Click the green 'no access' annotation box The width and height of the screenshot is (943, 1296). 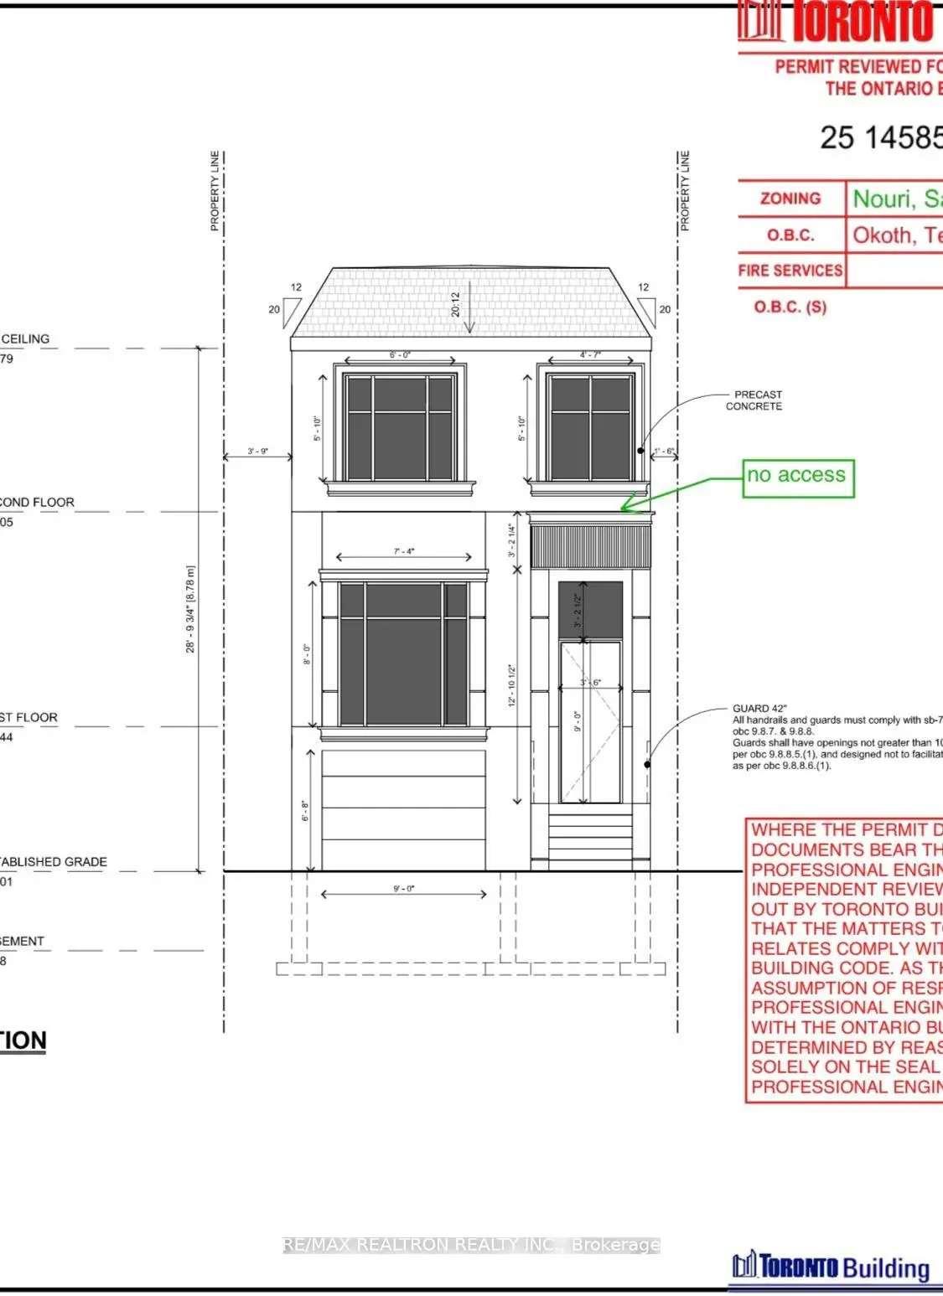[798, 478]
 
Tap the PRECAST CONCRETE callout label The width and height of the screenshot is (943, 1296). [754, 400]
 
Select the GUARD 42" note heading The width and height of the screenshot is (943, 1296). [759, 709]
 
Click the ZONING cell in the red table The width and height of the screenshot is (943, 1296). [790, 199]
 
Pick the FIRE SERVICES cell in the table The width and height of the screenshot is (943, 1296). [790, 271]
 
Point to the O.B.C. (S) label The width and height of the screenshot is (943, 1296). [790, 307]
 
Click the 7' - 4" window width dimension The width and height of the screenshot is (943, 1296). [404, 551]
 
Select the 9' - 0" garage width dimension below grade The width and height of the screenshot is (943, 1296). [404, 888]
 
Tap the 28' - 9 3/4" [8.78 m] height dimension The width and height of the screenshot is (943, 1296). [190, 609]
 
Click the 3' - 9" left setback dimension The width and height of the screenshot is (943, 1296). [257, 452]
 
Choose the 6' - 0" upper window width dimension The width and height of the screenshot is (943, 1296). [400, 355]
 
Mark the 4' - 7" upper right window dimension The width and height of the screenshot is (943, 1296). [590, 355]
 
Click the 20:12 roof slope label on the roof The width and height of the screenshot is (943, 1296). [456, 304]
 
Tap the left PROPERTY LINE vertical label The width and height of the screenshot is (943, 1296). [215, 191]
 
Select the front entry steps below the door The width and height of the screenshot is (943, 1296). [591, 836]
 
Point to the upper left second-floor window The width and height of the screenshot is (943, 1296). [400, 427]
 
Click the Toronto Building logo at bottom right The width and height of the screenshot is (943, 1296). [831, 1267]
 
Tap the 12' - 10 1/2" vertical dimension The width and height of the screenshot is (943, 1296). [511, 685]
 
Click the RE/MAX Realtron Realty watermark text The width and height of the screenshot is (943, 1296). [471, 1245]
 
